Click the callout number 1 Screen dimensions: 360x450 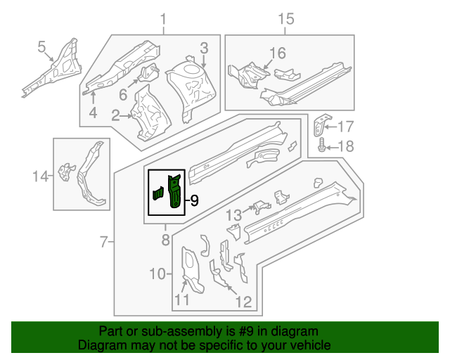point(164,19)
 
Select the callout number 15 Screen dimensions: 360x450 point(285,19)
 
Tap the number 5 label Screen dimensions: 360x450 point(42,47)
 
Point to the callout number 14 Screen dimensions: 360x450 point(41,176)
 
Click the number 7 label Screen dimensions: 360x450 point(103,243)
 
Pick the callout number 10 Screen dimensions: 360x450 point(157,274)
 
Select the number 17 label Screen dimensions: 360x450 point(346,127)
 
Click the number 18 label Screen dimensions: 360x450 point(346,146)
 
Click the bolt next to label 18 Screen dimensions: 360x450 point(322,146)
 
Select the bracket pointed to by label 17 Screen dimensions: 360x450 point(321,127)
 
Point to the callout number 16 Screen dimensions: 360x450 point(278,53)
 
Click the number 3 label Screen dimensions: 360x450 point(204,49)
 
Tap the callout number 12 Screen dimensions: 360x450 point(243,302)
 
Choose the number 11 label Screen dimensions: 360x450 point(182,302)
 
